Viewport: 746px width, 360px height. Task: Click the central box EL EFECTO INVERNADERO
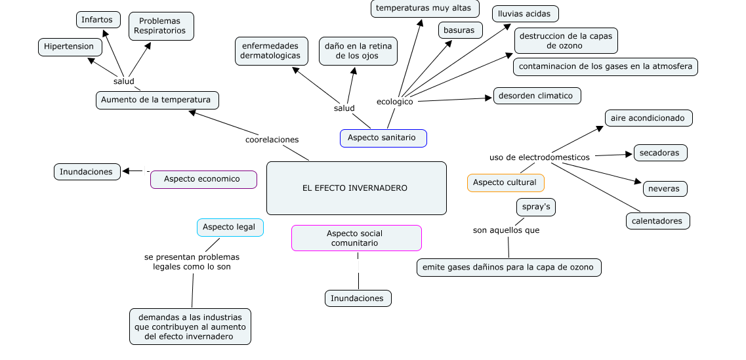pos(356,188)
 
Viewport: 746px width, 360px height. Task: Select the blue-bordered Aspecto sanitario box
pos(383,138)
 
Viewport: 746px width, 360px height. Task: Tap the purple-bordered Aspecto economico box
pos(203,179)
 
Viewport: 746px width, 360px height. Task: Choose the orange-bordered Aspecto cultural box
pos(506,182)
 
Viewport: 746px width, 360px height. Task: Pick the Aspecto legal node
pos(230,228)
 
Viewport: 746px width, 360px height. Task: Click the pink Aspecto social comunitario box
pos(356,238)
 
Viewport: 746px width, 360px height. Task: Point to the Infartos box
pos(98,20)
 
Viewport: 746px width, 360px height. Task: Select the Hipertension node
pos(70,47)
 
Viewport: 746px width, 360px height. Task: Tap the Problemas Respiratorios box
pos(161,26)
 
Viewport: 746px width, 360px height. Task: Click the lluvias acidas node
pos(526,14)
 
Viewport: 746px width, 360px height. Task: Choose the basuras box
pos(460,30)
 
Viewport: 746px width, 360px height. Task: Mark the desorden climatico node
pos(537,96)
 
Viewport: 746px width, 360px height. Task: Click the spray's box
pos(535,207)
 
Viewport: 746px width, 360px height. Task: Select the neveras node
pos(665,189)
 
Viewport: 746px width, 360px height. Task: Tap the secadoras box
pos(660,153)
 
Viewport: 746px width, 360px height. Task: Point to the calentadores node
pos(658,221)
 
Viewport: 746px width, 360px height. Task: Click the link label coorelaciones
pos(272,140)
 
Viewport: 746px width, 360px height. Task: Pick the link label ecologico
pos(395,102)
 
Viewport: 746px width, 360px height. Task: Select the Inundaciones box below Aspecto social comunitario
pos(358,298)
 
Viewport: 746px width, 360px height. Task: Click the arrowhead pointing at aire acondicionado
pos(600,129)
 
